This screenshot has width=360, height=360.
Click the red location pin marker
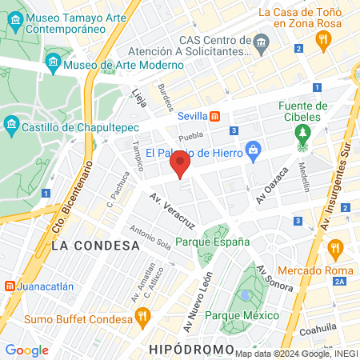[180, 166]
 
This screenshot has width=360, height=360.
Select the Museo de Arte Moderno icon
[54, 62]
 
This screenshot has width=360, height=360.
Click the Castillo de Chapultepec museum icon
[12, 125]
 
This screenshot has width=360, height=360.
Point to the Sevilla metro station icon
[214, 114]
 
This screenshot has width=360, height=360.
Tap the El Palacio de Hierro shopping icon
[254, 149]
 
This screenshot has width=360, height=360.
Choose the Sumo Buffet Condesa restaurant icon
[142, 315]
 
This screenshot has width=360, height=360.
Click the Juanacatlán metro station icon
[8, 285]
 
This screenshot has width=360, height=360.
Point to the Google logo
[26, 350]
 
